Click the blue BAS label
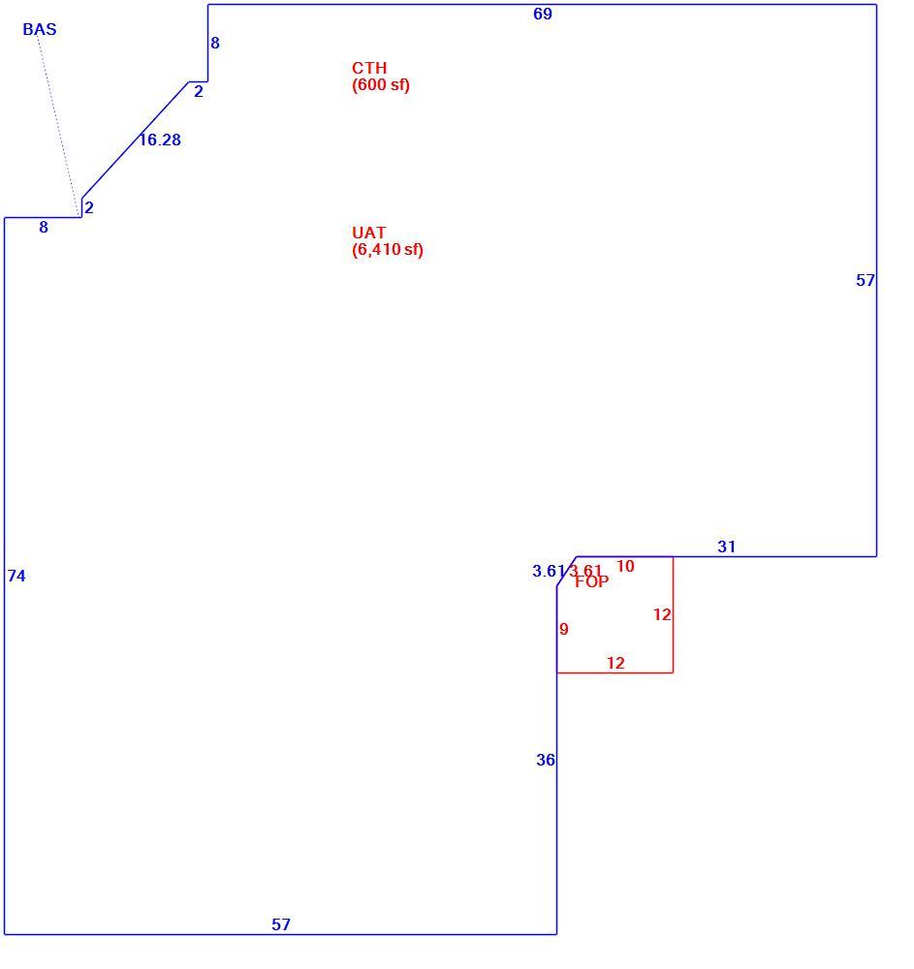40,29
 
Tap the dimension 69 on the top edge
543,14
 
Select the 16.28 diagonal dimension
160,140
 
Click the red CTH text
369,68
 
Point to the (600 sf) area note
381,84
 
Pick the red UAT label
369,233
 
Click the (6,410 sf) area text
388,250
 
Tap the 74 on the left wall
16,576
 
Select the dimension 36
546,760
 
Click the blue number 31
727,547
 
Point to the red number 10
625,566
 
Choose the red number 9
563,629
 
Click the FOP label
592,581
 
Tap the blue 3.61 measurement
549,571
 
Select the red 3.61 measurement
585,571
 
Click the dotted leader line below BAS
59,125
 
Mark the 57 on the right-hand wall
866,280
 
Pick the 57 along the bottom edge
281,924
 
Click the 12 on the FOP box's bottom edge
615,663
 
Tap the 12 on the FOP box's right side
662,614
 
